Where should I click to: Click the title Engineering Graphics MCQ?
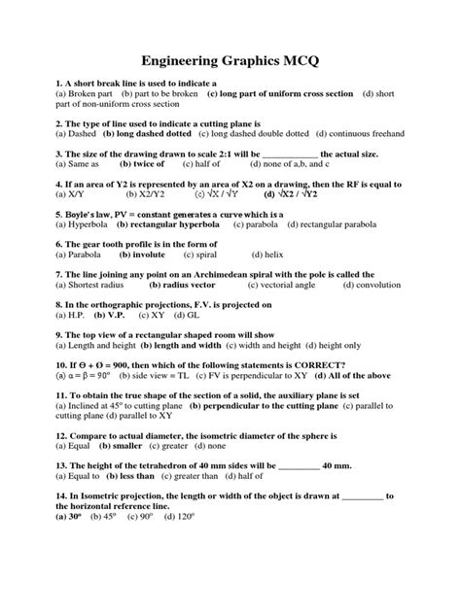click(230, 61)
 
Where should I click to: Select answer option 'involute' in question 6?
click(143, 255)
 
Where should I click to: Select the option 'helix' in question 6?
click(268, 255)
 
